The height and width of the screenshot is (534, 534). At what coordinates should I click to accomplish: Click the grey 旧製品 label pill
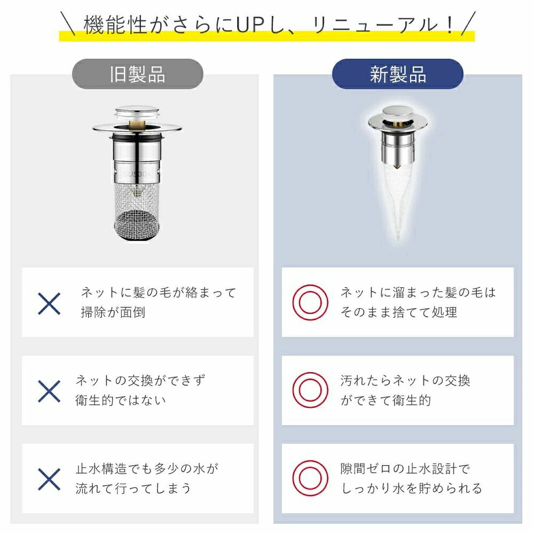138,74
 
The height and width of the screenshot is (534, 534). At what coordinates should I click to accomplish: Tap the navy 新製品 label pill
397,74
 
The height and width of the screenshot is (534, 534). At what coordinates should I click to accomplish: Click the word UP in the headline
250,25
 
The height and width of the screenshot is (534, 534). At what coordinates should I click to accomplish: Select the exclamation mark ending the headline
450,25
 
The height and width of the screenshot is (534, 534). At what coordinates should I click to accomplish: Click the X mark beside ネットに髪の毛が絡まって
49,303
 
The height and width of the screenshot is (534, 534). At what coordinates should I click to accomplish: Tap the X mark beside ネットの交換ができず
49,391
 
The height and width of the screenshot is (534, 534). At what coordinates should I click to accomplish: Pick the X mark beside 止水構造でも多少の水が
49,479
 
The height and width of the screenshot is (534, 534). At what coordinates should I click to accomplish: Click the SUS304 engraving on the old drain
136,174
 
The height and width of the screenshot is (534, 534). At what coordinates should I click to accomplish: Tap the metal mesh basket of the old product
137,211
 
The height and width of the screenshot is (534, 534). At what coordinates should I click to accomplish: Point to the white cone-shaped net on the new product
397,201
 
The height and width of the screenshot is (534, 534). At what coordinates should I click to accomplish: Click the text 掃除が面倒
113,312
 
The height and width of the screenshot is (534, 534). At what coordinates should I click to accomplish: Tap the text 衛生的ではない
121,400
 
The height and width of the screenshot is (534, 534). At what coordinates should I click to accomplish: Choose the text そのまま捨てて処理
399,312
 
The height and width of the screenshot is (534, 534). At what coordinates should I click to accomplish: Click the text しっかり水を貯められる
411,488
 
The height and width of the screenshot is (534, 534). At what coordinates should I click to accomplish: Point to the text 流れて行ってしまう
133,488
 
